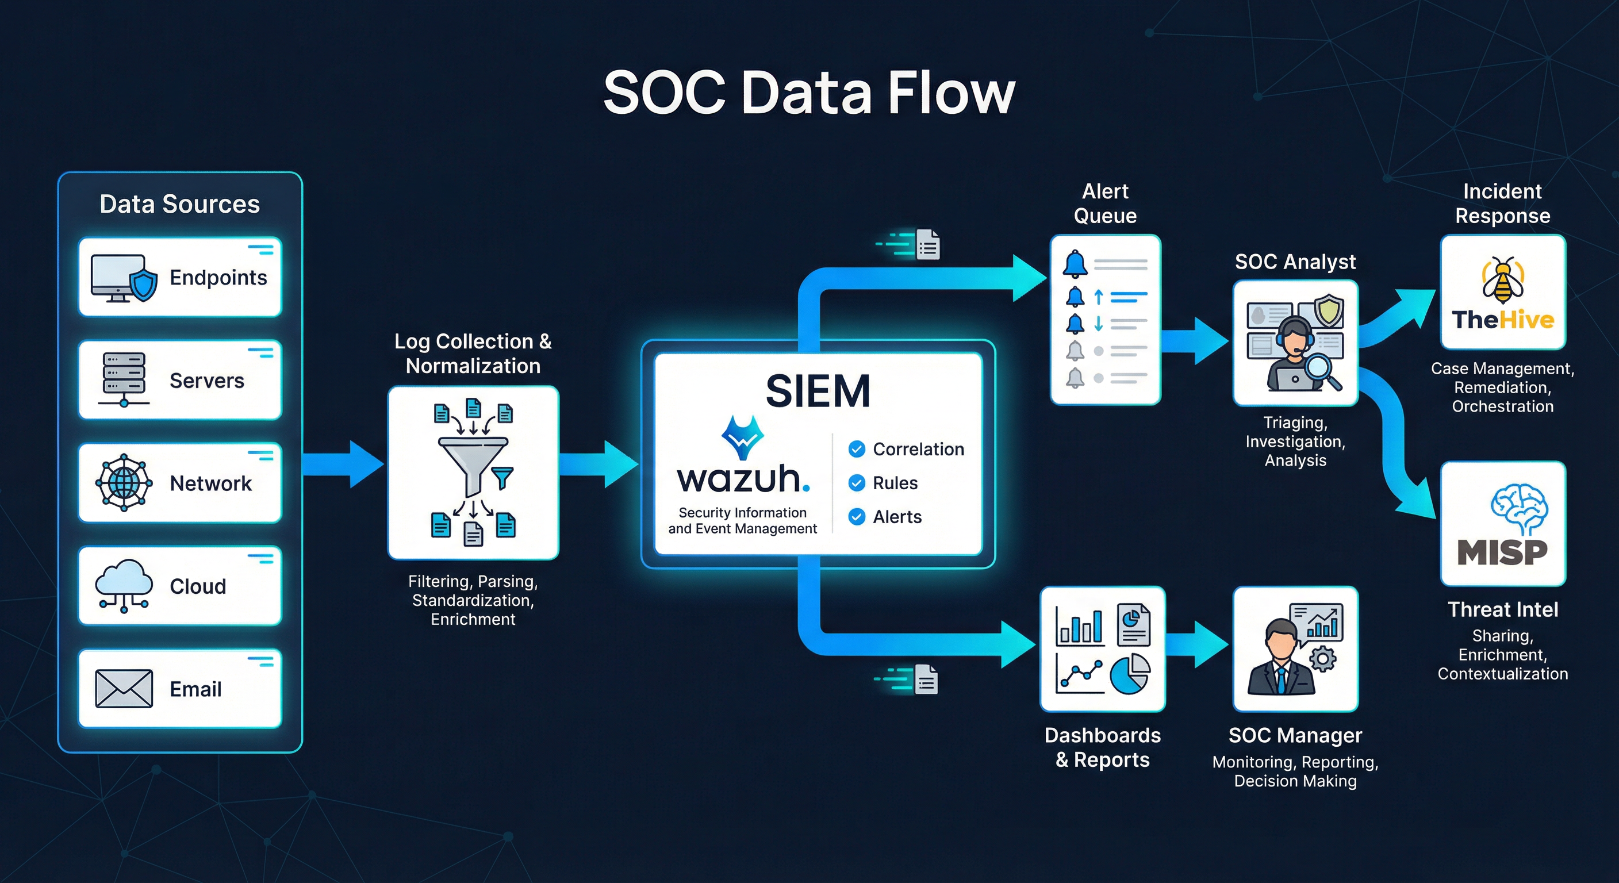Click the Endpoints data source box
coord(180,277)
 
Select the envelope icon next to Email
coord(123,688)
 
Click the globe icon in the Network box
coord(124,483)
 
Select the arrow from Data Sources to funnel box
coord(343,464)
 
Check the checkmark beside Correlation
coord(856,449)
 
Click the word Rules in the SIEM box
coord(895,483)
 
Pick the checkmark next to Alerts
coord(856,517)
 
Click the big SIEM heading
coord(818,391)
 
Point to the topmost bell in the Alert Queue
coord(1075,263)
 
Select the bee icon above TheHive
coord(1503,281)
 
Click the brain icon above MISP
coord(1519,509)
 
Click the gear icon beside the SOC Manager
coord(1323,659)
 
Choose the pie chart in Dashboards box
coord(1129,674)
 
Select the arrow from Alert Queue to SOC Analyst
coord(1194,341)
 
